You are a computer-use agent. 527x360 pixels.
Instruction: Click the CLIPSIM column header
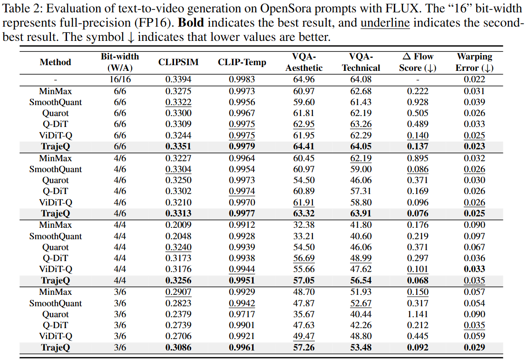pos(178,62)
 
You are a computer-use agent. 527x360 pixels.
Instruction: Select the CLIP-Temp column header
pos(242,62)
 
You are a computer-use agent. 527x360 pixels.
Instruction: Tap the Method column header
pos(56,62)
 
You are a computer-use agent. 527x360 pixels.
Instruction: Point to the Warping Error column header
pos(475,62)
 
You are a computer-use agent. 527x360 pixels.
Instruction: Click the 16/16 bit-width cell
pos(120,79)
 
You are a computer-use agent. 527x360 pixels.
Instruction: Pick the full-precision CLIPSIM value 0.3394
pos(178,79)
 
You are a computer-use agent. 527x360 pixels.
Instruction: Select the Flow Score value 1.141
pos(418,314)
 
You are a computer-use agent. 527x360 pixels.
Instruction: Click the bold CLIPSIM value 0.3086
pos(178,347)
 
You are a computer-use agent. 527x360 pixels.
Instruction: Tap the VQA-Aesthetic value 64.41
pos(304,146)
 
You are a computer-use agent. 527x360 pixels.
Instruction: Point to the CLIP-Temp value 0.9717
pos(242,314)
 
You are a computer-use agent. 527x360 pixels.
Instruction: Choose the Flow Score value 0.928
pos(418,102)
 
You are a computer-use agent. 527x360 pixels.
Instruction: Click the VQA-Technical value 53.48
pos(361,347)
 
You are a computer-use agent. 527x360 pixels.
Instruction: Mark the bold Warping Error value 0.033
pos(475,269)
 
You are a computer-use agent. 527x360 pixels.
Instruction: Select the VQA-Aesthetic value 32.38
pos(304,224)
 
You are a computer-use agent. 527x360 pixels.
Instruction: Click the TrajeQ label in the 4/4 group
pos(56,280)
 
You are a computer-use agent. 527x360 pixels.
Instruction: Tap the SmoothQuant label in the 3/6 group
pos(56,303)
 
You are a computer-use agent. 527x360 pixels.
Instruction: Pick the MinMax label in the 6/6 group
pos(56,91)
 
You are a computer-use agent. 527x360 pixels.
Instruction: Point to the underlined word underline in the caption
pos(385,23)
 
